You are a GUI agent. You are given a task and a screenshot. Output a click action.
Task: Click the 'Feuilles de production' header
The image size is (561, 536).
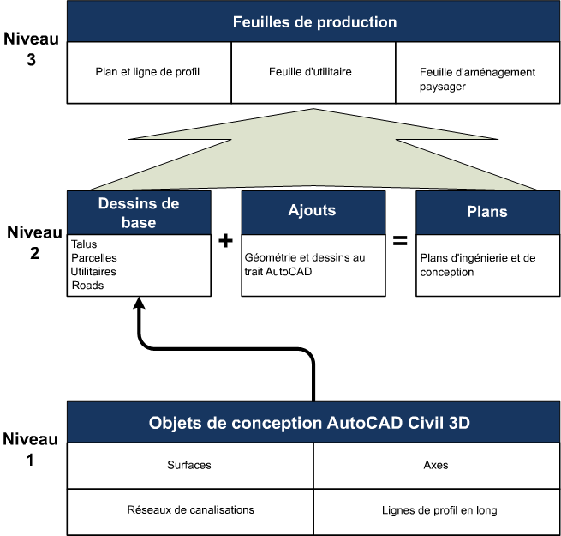313,21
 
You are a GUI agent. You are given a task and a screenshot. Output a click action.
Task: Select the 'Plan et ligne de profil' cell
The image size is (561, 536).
149,72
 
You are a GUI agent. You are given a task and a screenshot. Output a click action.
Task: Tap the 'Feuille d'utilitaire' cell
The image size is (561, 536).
313,72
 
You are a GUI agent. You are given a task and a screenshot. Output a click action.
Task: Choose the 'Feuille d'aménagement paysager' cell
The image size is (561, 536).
478,79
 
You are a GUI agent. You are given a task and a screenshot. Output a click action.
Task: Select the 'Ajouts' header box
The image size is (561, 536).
313,211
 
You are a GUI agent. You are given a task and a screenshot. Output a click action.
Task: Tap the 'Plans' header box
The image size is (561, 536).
486,211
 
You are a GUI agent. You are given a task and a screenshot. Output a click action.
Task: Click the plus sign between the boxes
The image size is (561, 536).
226,241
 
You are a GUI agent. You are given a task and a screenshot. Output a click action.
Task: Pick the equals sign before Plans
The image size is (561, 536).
400,241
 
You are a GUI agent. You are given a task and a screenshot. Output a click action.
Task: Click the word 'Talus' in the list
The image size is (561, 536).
85,244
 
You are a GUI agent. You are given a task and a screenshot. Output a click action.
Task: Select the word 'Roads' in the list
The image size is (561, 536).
87,286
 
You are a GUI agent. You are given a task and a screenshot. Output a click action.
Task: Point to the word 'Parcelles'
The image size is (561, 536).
94,258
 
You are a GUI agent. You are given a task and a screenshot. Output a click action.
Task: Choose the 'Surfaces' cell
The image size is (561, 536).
189,466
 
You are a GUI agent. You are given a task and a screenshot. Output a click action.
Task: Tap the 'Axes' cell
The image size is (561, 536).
435,466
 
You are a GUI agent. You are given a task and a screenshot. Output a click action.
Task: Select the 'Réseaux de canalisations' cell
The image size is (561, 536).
189,510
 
